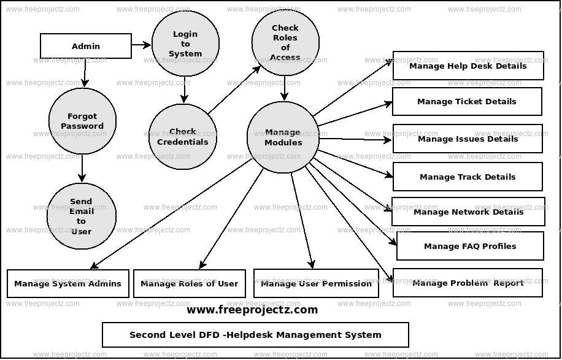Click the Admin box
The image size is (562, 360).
(86, 46)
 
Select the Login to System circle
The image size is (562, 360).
(185, 44)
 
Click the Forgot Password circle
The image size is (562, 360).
(82, 121)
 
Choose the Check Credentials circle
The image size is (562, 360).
(182, 136)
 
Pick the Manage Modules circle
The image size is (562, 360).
(283, 137)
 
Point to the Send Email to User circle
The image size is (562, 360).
(81, 216)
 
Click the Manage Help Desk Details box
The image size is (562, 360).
(468, 66)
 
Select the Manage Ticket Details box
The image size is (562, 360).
(467, 101)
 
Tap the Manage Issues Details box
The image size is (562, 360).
(468, 139)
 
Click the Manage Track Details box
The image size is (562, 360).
(468, 177)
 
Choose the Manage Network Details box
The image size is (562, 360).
(468, 212)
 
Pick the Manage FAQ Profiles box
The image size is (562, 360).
(470, 246)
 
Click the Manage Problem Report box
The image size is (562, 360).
(468, 283)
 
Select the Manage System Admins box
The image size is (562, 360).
(68, 283)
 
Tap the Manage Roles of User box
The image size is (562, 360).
(190, 283)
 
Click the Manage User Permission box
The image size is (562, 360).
(316, 283)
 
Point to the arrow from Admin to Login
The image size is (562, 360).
(142, 44)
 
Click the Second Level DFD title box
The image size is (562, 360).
(255, 335)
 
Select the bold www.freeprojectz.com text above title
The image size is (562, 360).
(252, 310)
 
